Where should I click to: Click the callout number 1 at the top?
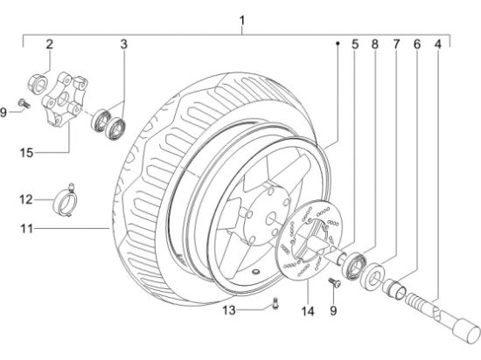coord(242,21)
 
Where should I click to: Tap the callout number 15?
coord(26,153)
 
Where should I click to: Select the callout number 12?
coord(25,200)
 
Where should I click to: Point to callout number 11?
coord(26,229)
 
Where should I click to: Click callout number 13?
coord(229,310)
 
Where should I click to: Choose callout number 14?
coord(308,311)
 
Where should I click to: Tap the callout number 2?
coord(49,45)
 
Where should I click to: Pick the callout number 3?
coord(123,45)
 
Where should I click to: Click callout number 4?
coord(438,45)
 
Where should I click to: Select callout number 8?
coord(375,45)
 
